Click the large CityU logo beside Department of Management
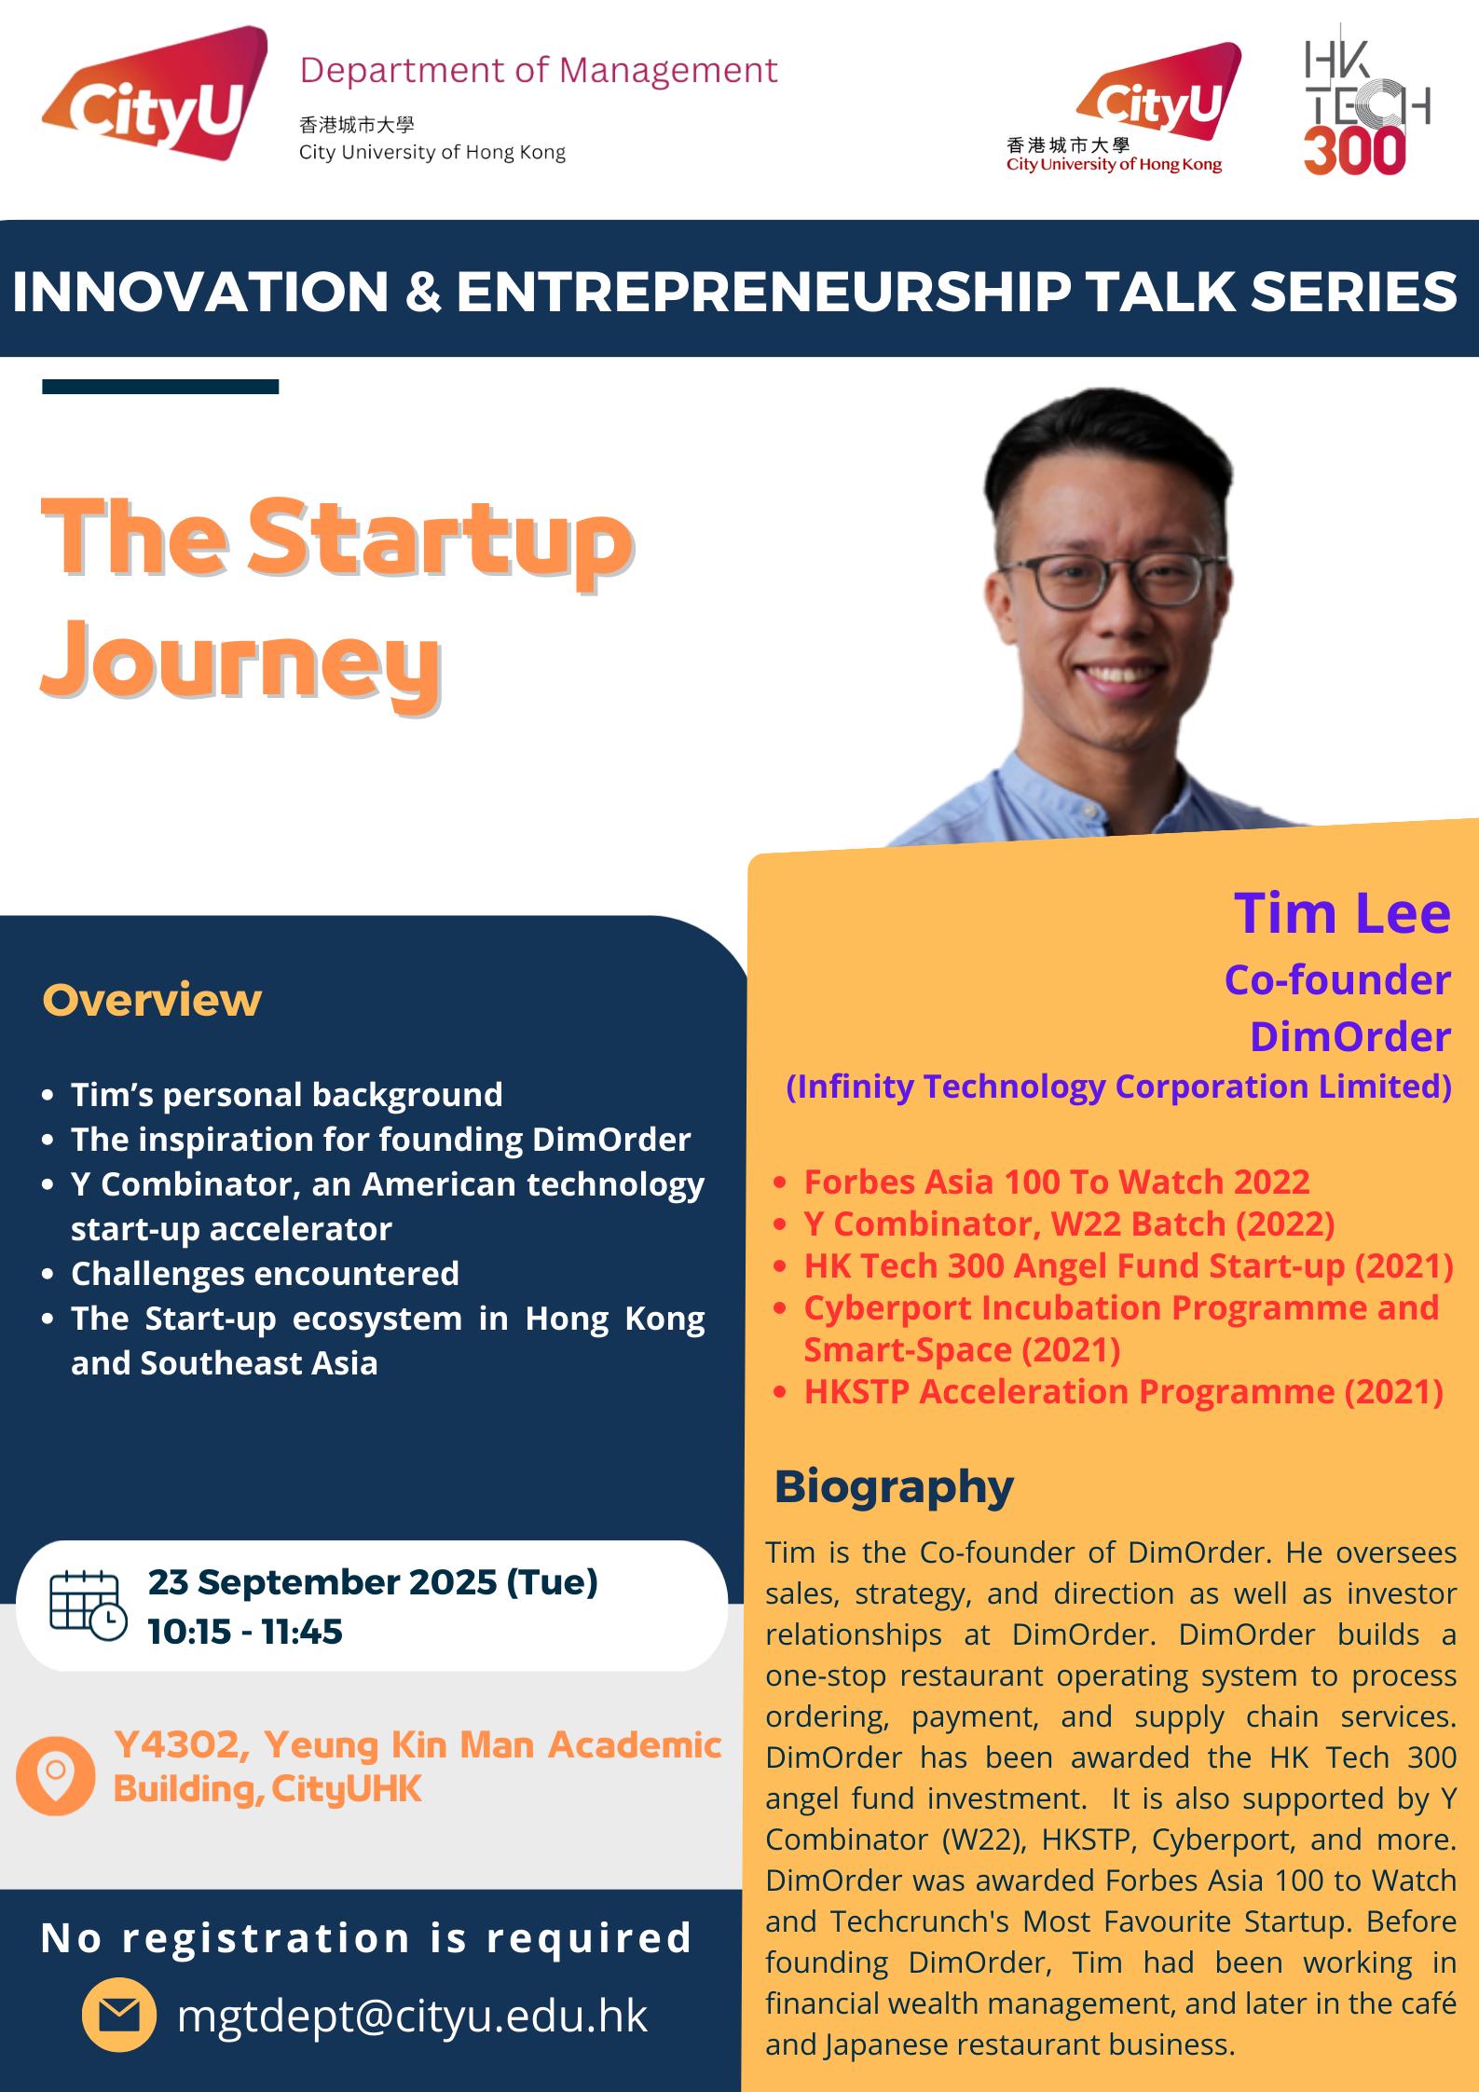click(x=157, y=95)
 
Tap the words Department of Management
click(x=538, y=71)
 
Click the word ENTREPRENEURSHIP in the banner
click(x=763, y=292)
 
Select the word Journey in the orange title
click(x=240, y=662)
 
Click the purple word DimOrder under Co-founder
click(x=1349, y=1036)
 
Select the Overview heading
click(x=152, y=1000)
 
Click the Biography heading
click(x=893, y=1486)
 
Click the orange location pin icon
click(x=56, y=1775)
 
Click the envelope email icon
click(x=119, y=2015)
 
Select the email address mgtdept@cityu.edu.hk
click(x=411, y=2016)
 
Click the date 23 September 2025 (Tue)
click(x=373, y=1582)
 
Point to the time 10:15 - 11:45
click(x=245, y=1632)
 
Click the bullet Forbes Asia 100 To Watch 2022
click(x=1056, y=1182)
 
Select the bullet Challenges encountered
click(x=265, y=1273)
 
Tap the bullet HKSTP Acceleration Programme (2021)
click(x=1123, y=1391)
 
